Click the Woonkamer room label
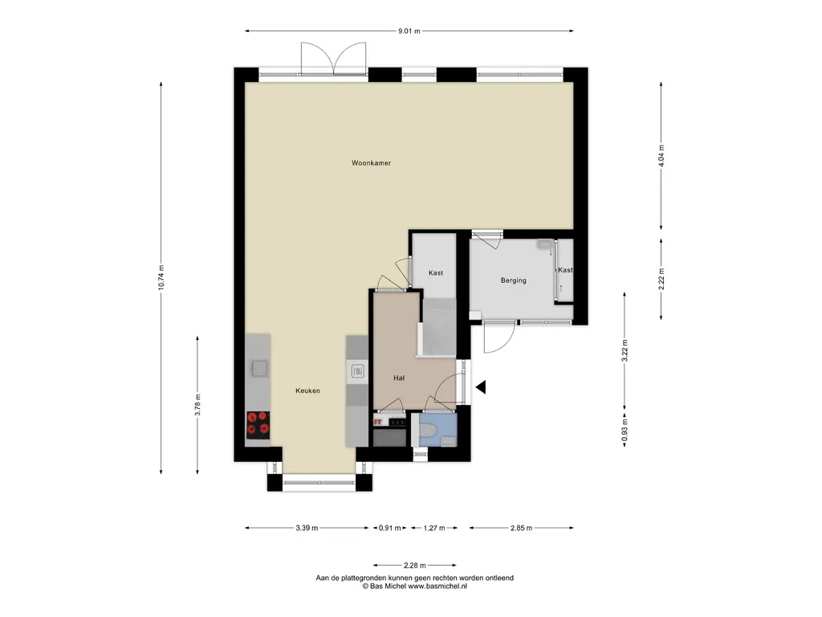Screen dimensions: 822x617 (371, 163)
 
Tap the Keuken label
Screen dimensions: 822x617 (307, 391)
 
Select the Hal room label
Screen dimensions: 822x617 (399, 378)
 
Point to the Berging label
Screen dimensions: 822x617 (513, 280)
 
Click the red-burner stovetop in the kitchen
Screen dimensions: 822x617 (258, 424)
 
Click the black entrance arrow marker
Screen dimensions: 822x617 (481, 388)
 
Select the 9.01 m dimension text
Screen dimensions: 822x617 (409, 31)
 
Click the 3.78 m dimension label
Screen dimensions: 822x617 (197, 405)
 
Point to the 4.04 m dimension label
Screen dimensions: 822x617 (661, 156)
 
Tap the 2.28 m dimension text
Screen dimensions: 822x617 (415, 566)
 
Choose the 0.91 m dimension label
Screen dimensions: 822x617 (390, 529)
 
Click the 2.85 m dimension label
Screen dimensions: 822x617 (521, 529)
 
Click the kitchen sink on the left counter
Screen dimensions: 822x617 (259, 368)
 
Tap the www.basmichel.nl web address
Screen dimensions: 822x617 (437, 586)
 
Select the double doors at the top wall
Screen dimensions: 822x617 (333, 58)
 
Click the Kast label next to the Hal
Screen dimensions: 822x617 (436, 273)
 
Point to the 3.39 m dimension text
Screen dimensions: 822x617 (307, 529)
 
